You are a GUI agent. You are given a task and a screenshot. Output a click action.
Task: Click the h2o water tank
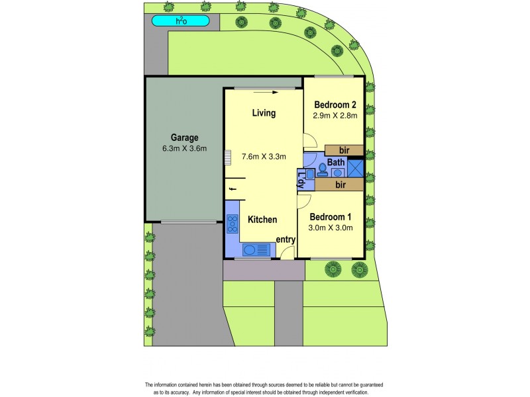(180, 21)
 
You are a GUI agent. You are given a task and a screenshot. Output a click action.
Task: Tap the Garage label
(185, 138)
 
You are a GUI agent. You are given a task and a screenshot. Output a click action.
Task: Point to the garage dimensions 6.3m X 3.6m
(185, 148)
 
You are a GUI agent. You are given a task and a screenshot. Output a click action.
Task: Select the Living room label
(264, 113)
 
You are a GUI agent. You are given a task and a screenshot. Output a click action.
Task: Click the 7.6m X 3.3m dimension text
(264, 157)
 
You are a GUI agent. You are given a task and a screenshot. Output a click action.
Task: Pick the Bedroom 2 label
(335, 105)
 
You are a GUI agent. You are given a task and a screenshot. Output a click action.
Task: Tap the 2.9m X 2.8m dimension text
(335, 115)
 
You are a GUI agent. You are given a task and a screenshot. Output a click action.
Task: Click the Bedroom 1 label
(331, 217)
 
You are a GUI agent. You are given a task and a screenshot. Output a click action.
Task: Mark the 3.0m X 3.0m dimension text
(331, 228)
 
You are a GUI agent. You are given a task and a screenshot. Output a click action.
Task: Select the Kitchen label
(262, 220)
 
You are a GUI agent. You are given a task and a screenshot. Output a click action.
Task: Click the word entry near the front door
(286, 239)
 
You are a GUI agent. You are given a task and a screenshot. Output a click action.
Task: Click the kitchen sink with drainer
(258, 249)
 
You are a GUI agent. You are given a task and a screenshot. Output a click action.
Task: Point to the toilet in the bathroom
(323, 169)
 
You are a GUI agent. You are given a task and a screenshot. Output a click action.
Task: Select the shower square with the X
(356, 167)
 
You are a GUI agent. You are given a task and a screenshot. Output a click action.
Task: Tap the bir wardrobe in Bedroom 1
(339, 185)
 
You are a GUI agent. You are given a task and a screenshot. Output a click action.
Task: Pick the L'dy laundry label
(301, 179)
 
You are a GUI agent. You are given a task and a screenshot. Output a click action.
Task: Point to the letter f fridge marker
(231, 191)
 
